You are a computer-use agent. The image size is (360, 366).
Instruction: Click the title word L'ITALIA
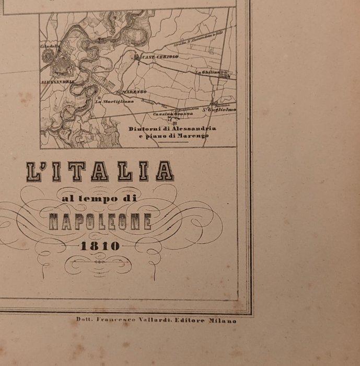(x=100, y=171)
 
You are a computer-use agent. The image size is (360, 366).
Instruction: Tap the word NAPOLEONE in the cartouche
(x=100, y=222)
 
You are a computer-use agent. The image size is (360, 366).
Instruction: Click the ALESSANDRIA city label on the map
(x=57, y=82)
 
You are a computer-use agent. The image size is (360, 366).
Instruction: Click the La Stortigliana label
(x=114, y=101)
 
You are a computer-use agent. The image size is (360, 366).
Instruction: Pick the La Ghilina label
(x=206, y=72)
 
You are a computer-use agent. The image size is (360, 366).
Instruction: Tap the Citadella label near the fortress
(x=50, y=46)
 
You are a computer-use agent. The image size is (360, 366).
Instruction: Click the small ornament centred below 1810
(x=98, y=265)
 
